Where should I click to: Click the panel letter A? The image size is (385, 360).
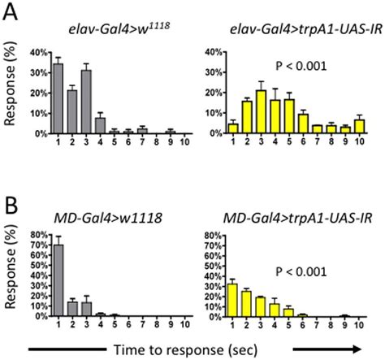pyautogui.click(x=10, y=11)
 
